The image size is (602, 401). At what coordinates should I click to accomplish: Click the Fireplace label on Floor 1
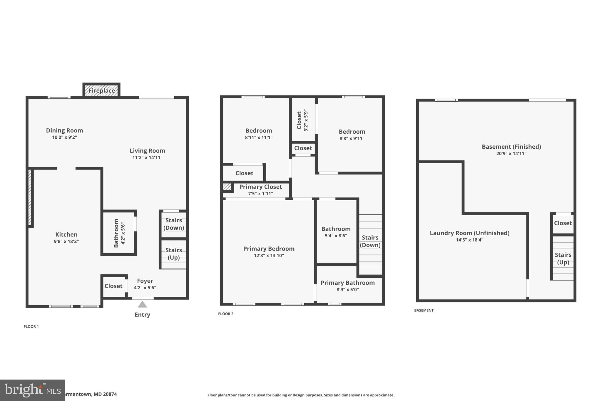click(x=102, y=90)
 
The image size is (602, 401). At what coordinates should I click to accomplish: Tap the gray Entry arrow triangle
click(x=142, y=304)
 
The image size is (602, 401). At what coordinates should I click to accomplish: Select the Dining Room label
click(x=64, y=130)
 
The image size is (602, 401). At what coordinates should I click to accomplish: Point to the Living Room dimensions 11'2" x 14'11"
click(x=147, y=157)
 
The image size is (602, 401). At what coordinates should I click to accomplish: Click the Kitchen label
click(x=66, y=234)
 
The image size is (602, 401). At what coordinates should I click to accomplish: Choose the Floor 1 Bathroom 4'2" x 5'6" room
click(x=119, y=233)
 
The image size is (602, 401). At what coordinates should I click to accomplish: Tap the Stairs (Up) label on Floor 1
click(x=173, y=254)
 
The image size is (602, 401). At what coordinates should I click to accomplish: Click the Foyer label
click(x=145, y=281)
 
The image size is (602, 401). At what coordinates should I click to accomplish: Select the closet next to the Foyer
click(x=113, y=286)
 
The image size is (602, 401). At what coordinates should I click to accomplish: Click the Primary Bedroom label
click(x=269, y=249)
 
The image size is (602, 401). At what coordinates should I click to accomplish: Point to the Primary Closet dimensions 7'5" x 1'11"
click(x=260, y=194)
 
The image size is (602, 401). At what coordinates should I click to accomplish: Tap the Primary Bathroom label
click(x=347, y=283)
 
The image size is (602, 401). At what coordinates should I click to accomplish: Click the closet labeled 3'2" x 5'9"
click(x=302, y=120)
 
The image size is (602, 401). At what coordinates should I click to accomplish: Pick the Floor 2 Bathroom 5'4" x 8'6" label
click(x=336, y=229)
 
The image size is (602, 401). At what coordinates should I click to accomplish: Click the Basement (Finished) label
click(x=511, y=147)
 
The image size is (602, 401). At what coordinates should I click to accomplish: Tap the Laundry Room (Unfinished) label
click(x=469, y=233)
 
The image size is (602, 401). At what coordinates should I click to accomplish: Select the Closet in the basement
click(x=563, y=223)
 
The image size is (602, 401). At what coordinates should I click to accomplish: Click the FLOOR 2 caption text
click(x=225, y=314)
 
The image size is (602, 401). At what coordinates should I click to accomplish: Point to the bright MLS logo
click(x=32, y=390)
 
